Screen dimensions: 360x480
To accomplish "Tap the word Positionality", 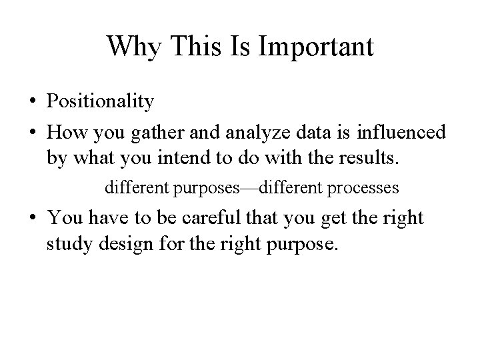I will coord(101,102).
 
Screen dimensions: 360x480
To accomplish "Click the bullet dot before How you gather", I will coord(33,133).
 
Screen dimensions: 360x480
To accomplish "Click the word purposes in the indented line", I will coord(207,189).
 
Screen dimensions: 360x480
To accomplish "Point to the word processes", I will coord(363,189).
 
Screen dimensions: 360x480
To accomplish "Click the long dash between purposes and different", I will coord(248,188).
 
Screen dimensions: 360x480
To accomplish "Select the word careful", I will coord(212,217).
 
